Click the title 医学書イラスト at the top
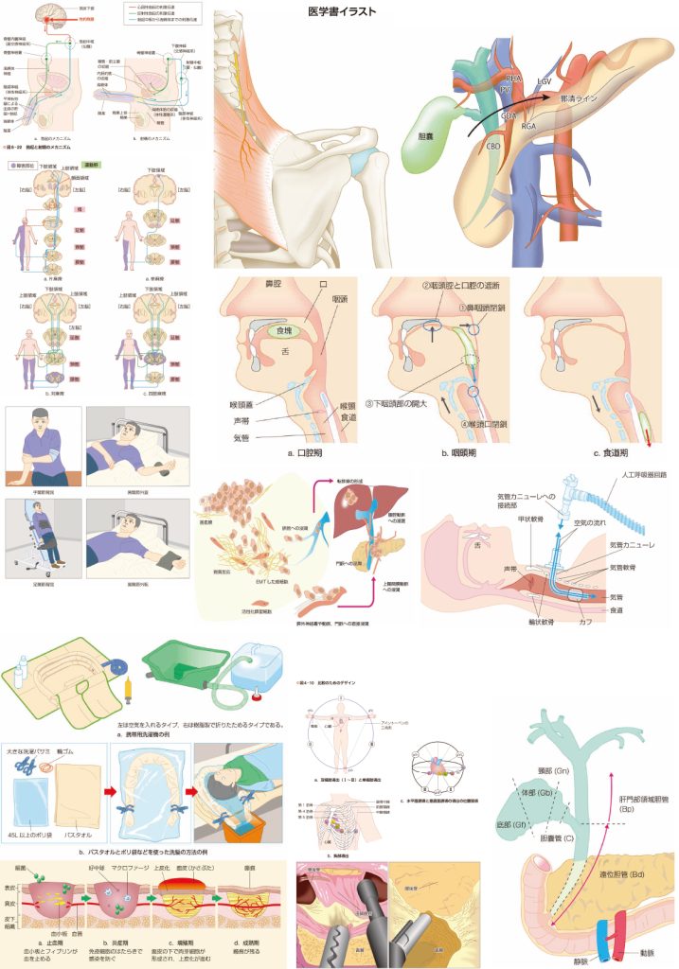coord(343,11)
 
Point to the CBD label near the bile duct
coord(493,146)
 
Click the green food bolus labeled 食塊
coord(278,331)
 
